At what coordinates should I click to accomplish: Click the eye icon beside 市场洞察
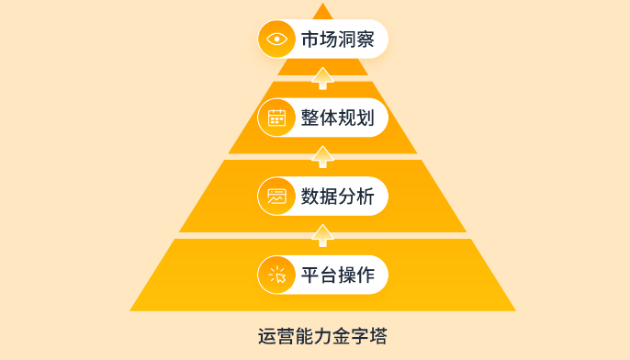[276, 39]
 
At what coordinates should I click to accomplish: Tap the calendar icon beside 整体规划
[276, 118]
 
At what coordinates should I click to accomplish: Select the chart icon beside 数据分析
[276, 196]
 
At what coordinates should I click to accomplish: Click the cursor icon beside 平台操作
[276, 275]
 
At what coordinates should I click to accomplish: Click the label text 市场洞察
[337, 39]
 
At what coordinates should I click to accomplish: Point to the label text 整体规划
[337, 118]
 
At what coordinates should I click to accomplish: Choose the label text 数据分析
[337, 196]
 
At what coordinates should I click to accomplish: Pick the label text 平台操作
[337, 275]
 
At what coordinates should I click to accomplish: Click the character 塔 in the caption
[377, 336]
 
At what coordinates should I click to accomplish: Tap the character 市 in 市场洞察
[309, 39]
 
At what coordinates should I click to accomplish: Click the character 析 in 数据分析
[365, 196]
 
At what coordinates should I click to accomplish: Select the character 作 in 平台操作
[365, 275]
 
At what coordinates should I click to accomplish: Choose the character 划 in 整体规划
[365, 118]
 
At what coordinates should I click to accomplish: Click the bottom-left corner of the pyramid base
[131, 309]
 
